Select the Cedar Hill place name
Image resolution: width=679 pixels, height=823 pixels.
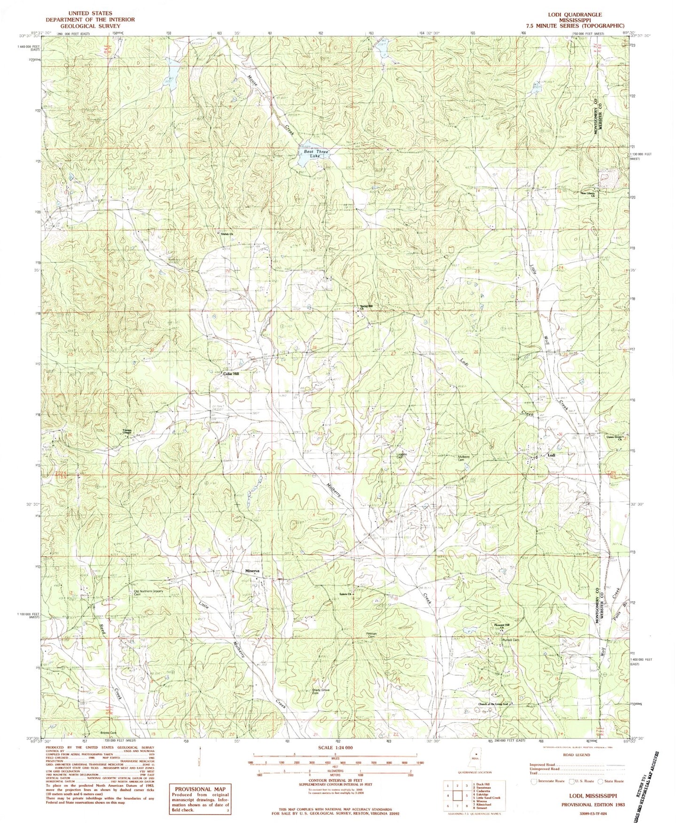[230, 374]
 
